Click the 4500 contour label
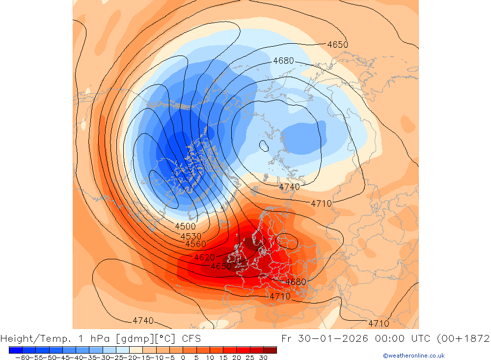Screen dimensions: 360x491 pos(185,226)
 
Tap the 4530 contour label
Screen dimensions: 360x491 pos(191,236)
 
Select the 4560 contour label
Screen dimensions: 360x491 pos(195,244)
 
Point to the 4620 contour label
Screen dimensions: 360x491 pos(204,257)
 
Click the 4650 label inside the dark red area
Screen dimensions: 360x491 pos(220,266)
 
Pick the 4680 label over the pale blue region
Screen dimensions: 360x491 pos(283,61)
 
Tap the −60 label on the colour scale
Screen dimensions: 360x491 pos(22,358)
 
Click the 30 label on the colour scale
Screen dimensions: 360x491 pos(263,358)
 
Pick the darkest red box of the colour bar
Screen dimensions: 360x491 pos(270,350)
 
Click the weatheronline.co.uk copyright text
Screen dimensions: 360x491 pos(413,356)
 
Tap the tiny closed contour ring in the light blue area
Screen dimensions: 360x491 pos(264,145)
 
